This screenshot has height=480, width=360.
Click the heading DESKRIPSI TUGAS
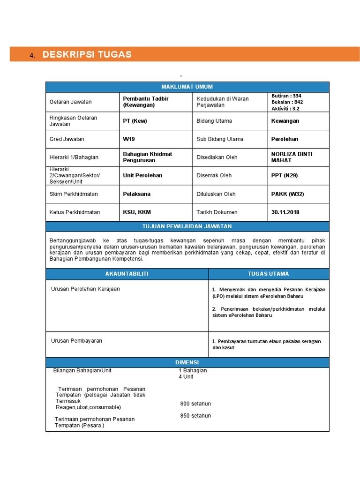pyautogui.click(x=87, y=54)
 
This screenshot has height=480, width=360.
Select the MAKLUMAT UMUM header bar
pyautogui.click(x=187, y=87)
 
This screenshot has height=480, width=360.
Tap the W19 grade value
pyautogui.click(x=128, y=139)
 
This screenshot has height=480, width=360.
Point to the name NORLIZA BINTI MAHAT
pyautogui.click(x=292, y=157)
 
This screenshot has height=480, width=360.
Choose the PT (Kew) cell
pyautogui.click(x=135, y=121)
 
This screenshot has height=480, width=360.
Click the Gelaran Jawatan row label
pyautogui.click(x=71, y=102)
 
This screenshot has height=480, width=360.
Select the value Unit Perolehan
pyautogui.click(x=142, y=175)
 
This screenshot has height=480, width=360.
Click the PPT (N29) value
pyautogui.click(x=285, y=175)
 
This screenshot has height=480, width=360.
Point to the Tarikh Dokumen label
pyautogui.click(x=217, y=212)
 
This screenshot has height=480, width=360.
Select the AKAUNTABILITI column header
pyautogui.click(x=127, y=274)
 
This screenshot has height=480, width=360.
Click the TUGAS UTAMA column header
pyautogui.click(x=269, y=274)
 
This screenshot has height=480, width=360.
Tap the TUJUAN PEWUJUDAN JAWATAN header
pyautogui.click(x=187, y=226)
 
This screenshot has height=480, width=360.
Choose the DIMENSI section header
pyautogui.click(x=187, y=363)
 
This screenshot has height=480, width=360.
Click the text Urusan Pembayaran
pyautogui.click(x=76, y=341)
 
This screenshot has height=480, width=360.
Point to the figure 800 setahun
pyautogui.click(x=195, y=404)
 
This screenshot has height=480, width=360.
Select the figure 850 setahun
pyautogui.click(x=195, y=416)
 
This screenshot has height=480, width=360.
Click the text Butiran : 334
pyautogui.click(x=286, y=96)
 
